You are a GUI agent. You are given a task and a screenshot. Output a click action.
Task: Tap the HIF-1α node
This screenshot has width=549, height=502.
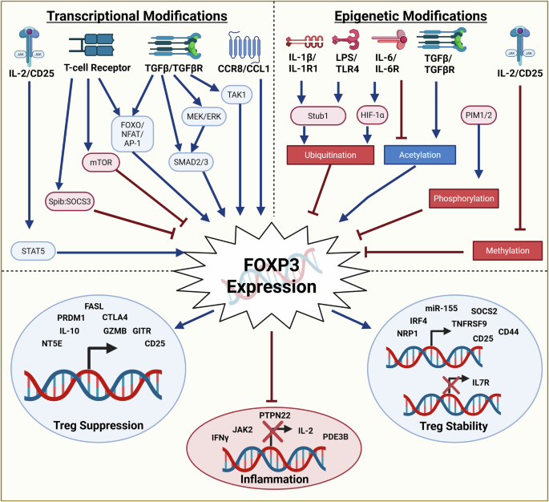coord(372,115)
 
